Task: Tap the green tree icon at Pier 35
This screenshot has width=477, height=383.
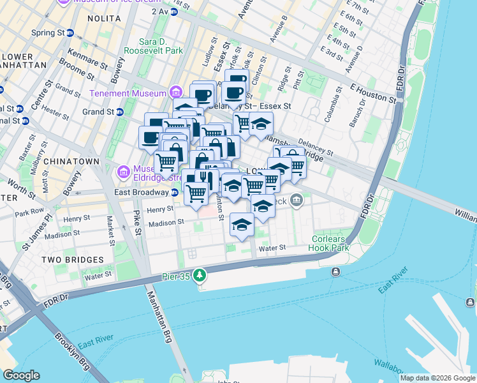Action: point(201,275)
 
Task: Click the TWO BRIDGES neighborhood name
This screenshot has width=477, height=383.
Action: point(72,260)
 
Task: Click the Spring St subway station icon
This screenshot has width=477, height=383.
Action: point(70,33)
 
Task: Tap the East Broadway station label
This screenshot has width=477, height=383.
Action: point(141,192)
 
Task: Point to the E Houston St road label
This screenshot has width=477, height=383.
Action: point(369,89)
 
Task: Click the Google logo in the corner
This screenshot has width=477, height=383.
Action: point(21,375)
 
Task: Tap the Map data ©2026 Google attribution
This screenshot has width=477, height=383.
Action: point(437,378)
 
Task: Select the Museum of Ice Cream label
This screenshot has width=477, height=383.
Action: point(108,2)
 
